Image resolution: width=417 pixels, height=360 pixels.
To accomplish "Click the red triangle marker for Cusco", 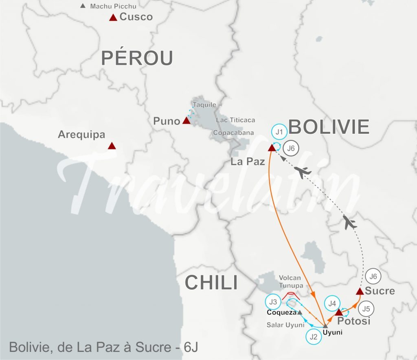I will coord(113,17).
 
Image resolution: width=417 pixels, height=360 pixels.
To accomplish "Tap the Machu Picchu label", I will coord(113,6).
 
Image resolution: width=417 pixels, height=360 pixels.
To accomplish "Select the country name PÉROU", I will coord(137,58).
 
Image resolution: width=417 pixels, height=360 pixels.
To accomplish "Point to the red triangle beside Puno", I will coord(186,120).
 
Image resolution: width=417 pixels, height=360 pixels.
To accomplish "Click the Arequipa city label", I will coord(81,134).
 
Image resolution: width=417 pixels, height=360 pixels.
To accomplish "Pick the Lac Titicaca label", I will coord(236,120).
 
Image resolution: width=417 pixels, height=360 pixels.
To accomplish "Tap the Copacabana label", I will coord(233,133).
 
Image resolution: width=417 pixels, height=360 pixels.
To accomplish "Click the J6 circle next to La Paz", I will coord(291,148).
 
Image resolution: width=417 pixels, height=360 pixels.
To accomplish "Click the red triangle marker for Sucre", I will coord(360,291).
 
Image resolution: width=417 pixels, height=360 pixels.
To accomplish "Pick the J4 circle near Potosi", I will coord(332,303).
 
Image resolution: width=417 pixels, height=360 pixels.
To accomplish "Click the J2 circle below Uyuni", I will coord(313,336).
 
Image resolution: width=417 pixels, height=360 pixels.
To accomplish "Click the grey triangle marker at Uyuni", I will coord(325,325).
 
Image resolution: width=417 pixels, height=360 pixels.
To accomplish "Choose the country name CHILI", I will coord(211,283).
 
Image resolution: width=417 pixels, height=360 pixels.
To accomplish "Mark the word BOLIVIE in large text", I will coord(329,127).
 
